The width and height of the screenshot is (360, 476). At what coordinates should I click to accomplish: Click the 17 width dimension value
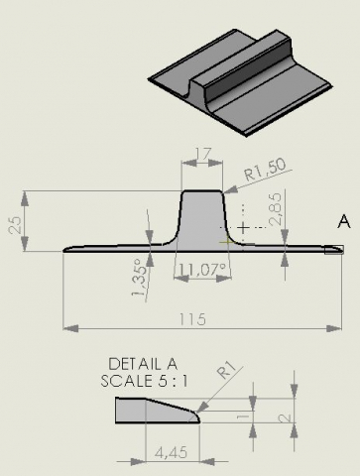pyautogui.click(x=202, y=154)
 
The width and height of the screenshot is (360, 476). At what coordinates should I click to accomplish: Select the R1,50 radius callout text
pyautogui.click(x=265, y=170)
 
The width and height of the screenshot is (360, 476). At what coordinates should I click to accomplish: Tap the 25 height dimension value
pyautogui.click(x=15, y=225)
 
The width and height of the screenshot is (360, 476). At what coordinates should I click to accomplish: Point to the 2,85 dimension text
pyautogui.click(x=275, y=209)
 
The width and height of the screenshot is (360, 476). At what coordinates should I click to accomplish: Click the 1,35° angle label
pyautogui.click(x=140, y=278)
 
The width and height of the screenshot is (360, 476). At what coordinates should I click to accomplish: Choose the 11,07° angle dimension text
pyautogui.click(x=202, y=270)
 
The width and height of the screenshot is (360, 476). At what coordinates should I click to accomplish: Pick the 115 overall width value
pyautogui.click(x=192, y=319)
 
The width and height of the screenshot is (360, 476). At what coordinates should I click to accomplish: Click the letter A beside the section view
pyautogui.click(x=344, y=221)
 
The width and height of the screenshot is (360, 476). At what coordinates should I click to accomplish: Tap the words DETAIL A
pyautogui.click(x=143, y=364)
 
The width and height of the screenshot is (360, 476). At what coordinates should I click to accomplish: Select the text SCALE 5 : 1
pyautogui.click(x=144, y=381)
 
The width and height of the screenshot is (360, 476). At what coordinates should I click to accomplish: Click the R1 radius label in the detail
pyautogui.click(x=227, y=370)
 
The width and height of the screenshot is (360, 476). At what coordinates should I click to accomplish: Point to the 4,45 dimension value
pyautogui.click(x=171, y=452)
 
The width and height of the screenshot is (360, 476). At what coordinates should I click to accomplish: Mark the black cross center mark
pyautogui.click(x=244, y=227)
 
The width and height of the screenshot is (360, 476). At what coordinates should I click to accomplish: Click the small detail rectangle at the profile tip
pyautogui.click(x=334, y=250)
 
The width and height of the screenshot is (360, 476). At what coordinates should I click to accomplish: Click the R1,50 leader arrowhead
pyautogui.click(x=230, y=189)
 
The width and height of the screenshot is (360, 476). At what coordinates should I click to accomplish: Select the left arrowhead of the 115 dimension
pyautogui.click(x=70, y=328)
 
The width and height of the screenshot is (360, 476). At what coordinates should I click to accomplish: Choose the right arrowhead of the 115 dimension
pyautogui.click(x=334, y=328)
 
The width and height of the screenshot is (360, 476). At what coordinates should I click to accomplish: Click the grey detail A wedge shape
pyautogui.click(x=158, y=411)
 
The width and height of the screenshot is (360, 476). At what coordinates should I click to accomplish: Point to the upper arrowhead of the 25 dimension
pyautogui.click(x=25, y=198)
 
